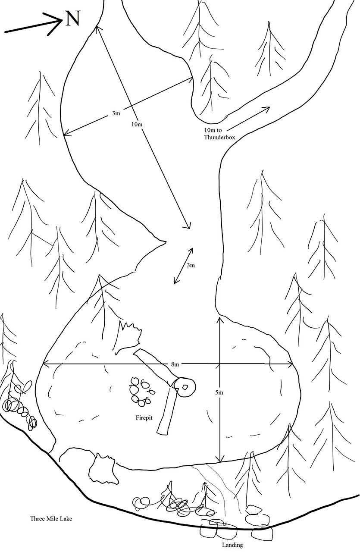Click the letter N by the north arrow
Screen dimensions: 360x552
(x=73, y=19)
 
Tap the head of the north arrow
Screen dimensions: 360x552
(x=61, y=21)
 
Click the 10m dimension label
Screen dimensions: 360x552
(x=137, y=124)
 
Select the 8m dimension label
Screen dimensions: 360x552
(x=175, y=364)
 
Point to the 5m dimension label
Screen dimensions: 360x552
(x=219, y=392)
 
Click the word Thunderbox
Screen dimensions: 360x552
(x=219, y=137)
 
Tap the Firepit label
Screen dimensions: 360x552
(x=144, y=418)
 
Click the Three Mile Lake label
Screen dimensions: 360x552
(x=51, y=518)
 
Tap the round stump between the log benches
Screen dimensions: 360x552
(x=185, y=387)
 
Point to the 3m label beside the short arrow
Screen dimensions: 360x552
(x=191, y=265)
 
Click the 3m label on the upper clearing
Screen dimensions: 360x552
(x=116, y=113)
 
